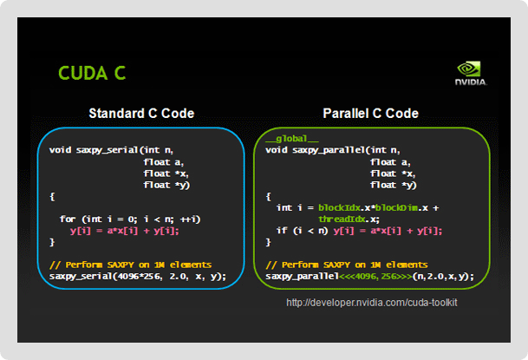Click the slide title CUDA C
point(91,73)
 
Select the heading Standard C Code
point(141,114)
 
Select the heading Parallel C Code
point(370,114)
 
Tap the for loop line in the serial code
point(130,219)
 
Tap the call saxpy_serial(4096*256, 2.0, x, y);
point(138,276)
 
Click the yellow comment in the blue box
point(131,264)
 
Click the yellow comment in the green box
point(347,264)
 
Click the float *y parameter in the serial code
point(165,184)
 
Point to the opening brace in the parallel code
point(269,196)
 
